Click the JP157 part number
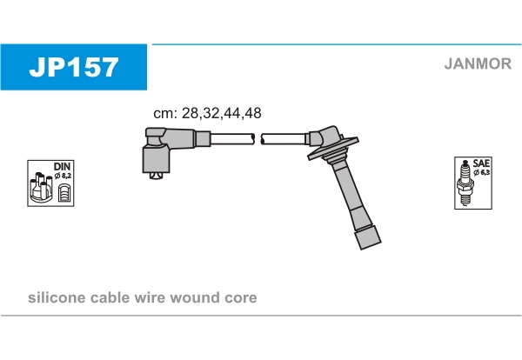(74, 67)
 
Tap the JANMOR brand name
(478, 63)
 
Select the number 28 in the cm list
(190, 113)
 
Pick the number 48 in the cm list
(252, 113)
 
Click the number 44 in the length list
(232, 113)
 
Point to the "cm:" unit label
(165, 114)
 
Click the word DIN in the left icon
(62, 166)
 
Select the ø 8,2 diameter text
(63, 176)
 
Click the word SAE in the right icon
(481, 163)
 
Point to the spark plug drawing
(465, 183)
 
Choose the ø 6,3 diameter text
(481, 173)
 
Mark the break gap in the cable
(258, 139)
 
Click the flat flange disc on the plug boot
(333, 149)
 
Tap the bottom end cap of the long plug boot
(368, 237)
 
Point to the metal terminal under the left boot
(156, 176)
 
